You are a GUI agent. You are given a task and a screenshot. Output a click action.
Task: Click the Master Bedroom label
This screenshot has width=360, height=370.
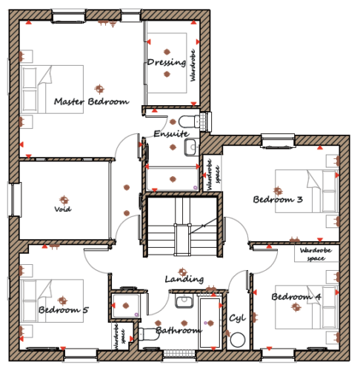(91, 101)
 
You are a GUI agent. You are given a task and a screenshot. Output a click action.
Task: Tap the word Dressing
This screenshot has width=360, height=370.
(167, 62)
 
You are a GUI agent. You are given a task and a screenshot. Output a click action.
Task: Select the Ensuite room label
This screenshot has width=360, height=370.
(172, 134)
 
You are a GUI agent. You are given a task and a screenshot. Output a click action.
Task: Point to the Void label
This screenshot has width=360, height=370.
(63, 209)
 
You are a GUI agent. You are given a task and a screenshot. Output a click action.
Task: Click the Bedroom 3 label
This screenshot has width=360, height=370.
(278, 199)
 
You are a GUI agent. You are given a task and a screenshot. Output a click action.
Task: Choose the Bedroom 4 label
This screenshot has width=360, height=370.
(296, 297)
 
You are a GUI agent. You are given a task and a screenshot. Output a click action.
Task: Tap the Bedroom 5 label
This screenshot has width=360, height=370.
(64, 309)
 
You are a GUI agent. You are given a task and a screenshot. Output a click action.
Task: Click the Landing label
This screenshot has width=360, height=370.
(184, 279)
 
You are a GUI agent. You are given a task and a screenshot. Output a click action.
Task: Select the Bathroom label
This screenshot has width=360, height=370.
(179, 330)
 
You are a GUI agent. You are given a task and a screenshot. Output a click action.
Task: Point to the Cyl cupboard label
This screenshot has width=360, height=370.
(237, 318)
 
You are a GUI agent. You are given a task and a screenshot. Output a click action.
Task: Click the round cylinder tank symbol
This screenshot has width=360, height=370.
(238, 340)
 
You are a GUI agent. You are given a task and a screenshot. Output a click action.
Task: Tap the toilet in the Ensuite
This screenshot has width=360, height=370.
(189, 121)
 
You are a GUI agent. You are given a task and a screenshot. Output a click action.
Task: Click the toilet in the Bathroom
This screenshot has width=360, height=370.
(149, 334)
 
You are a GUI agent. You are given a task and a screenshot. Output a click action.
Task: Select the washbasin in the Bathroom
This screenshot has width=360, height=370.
(184, 300)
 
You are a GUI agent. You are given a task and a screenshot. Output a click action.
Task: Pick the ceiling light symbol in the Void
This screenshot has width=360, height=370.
(64, 200)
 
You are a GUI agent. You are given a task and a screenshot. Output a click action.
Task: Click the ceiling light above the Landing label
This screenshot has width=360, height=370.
(182, 272)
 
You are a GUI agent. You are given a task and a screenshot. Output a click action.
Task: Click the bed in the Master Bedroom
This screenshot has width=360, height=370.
(52, 90)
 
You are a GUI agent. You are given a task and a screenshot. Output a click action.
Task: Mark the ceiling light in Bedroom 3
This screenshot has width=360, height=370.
(278, 191)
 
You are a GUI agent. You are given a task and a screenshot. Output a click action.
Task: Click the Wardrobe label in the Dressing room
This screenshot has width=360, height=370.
(193, 65)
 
